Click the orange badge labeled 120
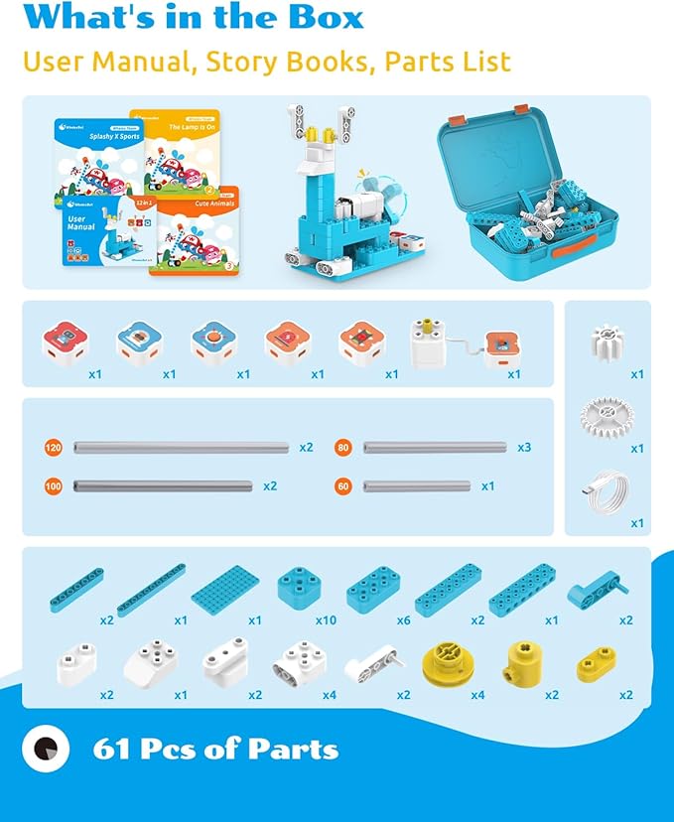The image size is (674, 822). [x=54, y=448]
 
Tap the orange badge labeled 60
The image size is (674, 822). [x=343, y=486]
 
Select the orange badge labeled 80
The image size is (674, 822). [x=343, y=448]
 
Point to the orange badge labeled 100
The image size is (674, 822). [x=54, y=486]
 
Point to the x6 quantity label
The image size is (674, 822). [x=403, y=620]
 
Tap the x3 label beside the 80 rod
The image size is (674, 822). [x=524, y=448]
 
